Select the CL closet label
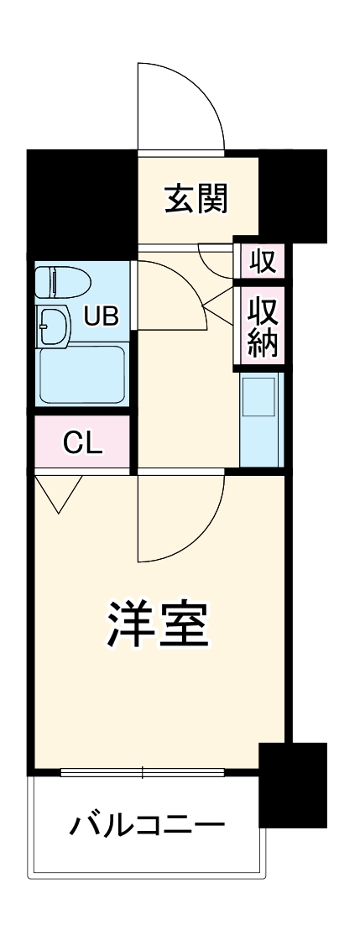[82, 443]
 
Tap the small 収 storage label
[263, 262]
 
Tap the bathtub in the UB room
[82, 374]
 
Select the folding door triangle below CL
[59, 491]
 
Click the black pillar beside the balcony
[291, 785]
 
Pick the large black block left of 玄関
[82, 201]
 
